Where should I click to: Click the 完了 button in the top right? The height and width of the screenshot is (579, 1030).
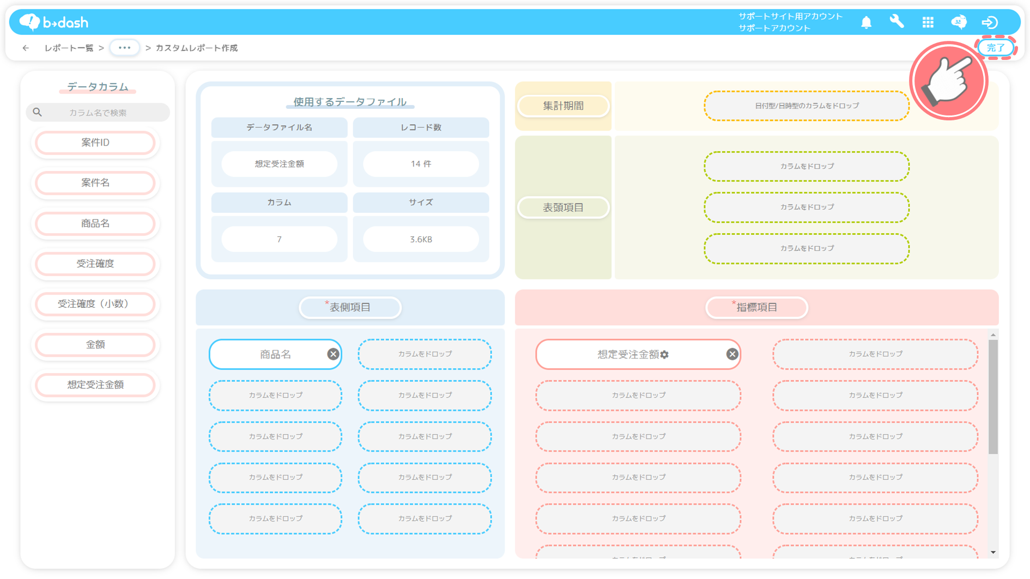[996, 48]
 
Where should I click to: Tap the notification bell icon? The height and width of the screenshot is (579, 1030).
[866, 22]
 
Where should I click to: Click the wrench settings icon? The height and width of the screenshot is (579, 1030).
[896, 22]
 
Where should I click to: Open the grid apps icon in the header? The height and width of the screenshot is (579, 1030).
[928, 22]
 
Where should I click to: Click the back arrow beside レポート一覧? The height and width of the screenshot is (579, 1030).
[26, 48]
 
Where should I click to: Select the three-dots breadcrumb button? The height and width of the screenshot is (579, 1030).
[124, 48]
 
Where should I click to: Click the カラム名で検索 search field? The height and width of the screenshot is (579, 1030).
[98, 113]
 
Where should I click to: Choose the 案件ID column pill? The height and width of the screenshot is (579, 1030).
[95, 143]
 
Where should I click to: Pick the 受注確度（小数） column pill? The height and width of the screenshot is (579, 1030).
[95, 304]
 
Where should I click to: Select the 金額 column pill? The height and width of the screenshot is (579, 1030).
[95, 345]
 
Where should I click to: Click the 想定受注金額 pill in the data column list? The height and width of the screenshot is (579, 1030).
[95, 385]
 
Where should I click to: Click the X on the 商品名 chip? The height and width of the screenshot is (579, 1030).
[333, 355]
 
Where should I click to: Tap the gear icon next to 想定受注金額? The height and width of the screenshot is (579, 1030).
[665, 355]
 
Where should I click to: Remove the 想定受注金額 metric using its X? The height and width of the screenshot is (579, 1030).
[732, 355]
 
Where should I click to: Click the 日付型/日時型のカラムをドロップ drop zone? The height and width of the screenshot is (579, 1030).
[807, 106]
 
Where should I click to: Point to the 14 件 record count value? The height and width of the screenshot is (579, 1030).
[421, 164]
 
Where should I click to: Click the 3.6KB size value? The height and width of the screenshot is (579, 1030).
[421, 239]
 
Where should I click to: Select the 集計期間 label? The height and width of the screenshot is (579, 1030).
[563, 106]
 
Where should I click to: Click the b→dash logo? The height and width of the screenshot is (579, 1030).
[53, 22]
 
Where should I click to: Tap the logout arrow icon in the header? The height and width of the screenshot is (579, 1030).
[990, 22]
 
